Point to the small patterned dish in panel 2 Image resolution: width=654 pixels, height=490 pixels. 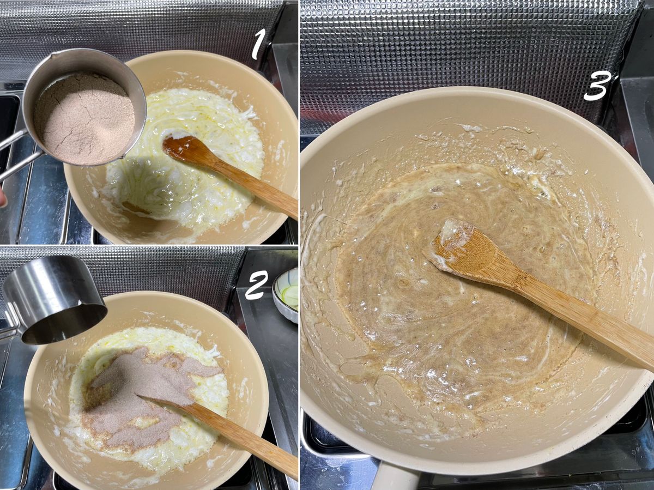(286, 295)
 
